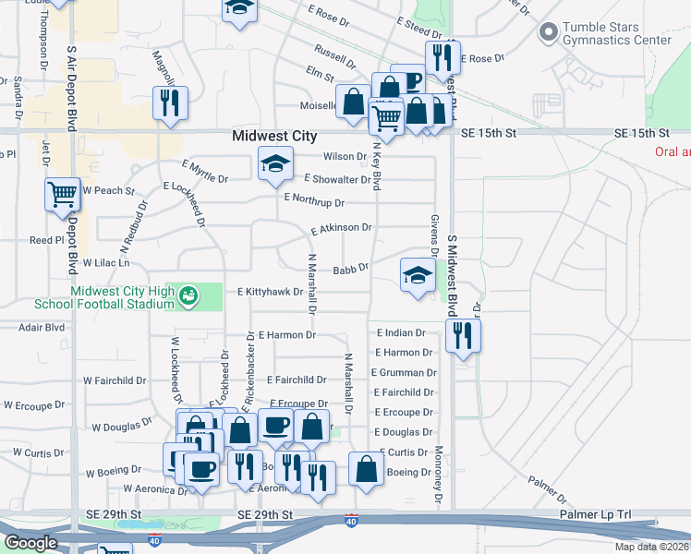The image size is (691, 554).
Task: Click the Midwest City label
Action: [274, 135]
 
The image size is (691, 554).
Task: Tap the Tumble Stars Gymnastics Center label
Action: [617, 34]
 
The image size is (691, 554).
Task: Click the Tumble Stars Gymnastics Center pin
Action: [548, 33]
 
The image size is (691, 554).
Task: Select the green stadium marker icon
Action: [188, 295]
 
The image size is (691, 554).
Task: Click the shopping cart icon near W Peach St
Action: [63, 195]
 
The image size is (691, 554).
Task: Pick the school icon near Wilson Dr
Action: [273, 164]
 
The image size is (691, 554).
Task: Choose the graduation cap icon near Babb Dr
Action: [418, 274]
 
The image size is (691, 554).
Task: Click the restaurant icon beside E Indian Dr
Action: [463, 335]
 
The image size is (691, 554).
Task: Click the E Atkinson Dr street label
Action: [341, 228]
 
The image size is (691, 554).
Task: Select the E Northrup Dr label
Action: [314, 200]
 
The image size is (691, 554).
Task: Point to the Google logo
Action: [30, 543]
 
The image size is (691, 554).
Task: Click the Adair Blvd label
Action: [42, 327]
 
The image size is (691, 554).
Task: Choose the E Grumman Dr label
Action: [404, 373]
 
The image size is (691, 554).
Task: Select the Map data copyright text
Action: [651, 547]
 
